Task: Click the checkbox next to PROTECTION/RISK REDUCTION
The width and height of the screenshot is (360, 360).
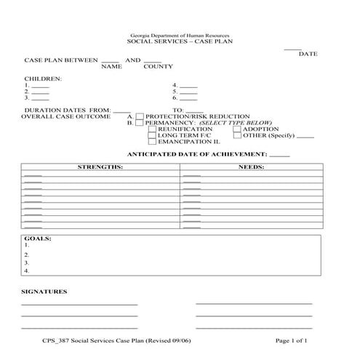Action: click(x=140, y=116)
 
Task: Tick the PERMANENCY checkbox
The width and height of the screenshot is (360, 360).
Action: click(x=140, y=124)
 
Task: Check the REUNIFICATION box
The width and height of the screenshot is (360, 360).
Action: click(x=152, y=129)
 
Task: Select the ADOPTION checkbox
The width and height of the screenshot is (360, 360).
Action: click(x=237, y=129)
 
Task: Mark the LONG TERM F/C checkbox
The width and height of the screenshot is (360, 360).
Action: click(x=152, y=136)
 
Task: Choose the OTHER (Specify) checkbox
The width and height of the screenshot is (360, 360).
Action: click(x=237, y=136)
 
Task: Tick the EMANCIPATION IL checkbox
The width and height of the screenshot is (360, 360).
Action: click(x=152, y=143)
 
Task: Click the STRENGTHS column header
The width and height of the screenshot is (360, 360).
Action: click(x=100, y=167)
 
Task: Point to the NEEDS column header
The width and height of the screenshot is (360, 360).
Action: click(x=252, y=167)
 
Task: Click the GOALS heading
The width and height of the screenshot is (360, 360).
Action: click(x=36, y=239)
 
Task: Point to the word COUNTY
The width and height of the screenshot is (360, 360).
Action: click(x=158, y=67)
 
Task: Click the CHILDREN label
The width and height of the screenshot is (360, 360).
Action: click(x=43, y=78)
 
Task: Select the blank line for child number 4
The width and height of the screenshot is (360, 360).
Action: click(x=188, y=85)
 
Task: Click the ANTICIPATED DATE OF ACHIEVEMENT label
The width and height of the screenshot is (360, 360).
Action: click(x=197, y=155)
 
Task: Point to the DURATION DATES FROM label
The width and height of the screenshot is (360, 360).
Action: click(x=67, y=111)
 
